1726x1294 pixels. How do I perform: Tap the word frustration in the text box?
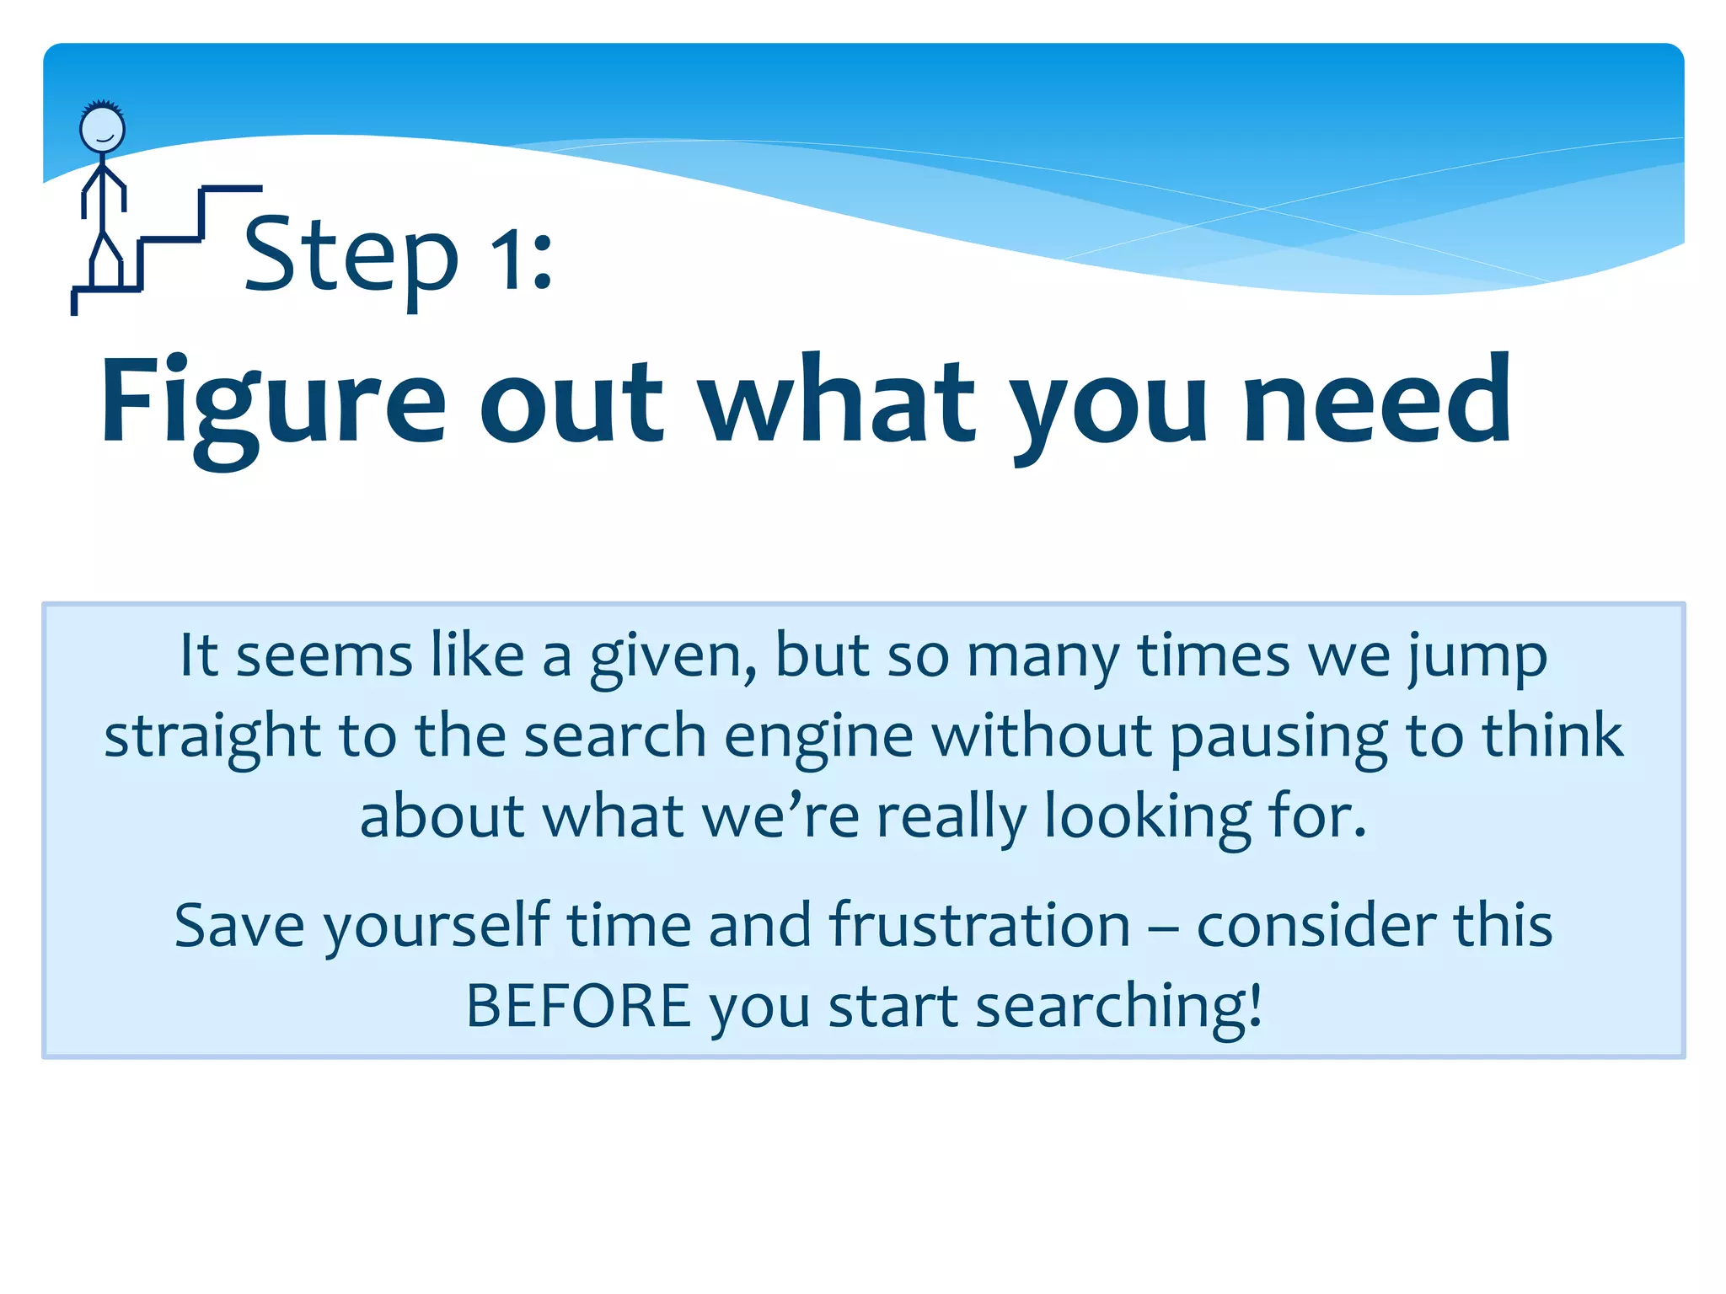point(979,925)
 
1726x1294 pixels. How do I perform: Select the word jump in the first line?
point(1477,656)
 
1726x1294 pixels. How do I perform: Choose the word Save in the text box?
point(239,925)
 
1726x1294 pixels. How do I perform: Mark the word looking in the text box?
point(1148,816)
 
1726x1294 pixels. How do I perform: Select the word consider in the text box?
point(1316,925)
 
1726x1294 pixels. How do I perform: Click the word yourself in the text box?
point(437,925)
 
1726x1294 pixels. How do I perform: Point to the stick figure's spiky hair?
point(102,106)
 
